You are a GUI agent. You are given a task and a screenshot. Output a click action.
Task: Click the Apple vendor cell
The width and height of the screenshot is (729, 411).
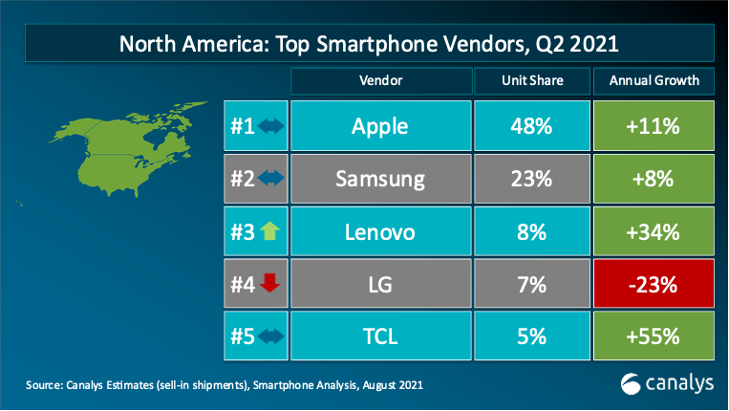coord(381,125)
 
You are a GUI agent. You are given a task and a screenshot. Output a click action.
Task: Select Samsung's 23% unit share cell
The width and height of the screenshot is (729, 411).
coord(532,179)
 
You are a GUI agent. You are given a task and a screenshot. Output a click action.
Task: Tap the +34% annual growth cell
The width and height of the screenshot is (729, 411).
coord(654,231)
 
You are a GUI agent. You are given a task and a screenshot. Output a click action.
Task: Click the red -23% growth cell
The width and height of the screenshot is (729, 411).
coord(654,284)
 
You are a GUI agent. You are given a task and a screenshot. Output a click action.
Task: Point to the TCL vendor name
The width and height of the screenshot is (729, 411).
coord(380,336)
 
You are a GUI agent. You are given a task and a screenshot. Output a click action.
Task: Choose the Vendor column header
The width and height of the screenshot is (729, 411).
coord(381,81)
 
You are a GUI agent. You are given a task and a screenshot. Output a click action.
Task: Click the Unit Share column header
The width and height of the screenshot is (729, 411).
coord(532,81)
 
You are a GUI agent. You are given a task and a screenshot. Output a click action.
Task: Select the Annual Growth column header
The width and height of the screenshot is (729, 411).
coord(654,81)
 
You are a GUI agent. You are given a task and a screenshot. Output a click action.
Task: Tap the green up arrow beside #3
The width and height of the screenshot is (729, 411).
coord(269,231)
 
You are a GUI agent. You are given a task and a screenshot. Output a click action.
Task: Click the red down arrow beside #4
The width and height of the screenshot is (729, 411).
coord(269,283)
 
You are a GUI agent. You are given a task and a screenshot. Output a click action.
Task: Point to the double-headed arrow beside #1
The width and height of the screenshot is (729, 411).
coord(270,125)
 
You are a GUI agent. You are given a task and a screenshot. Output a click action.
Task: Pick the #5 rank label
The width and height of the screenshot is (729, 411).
coord(243,336)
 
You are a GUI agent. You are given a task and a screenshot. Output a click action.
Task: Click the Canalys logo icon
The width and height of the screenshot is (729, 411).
coord(631,384)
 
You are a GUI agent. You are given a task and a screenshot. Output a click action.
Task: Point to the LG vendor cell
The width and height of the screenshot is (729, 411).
coord(381,284)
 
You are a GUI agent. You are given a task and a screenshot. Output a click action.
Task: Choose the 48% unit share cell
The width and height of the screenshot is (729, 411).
coord(532,125)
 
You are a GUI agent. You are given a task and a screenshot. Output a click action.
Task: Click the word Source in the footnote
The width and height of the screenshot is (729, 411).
coord(45,385)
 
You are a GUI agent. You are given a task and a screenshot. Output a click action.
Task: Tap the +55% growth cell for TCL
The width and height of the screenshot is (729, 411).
coord(654,335)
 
